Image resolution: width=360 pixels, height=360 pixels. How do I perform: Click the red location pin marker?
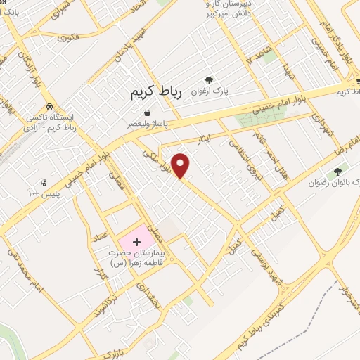181,165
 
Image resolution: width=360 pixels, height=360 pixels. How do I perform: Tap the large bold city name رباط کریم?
155,93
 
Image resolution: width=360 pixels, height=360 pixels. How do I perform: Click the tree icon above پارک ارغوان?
208,80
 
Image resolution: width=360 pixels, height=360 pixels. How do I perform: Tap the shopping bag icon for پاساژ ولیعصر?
147,112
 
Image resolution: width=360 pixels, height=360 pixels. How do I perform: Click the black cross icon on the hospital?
136,241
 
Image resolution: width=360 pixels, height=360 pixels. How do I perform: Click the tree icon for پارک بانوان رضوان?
339,171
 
